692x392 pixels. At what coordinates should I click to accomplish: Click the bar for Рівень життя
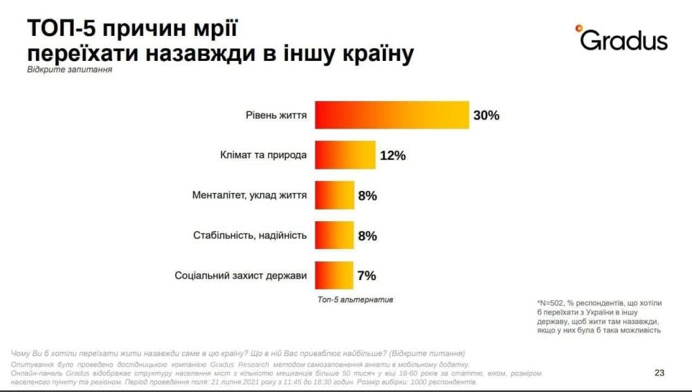click(392, 114)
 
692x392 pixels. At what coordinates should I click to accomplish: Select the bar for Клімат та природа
click(345, 155)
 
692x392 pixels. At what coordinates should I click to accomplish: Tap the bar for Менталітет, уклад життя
click(334, 196)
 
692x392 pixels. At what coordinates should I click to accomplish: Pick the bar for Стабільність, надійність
click(334, 236)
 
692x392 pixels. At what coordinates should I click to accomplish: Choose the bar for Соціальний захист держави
click(334, 276)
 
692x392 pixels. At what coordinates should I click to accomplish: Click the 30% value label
click(486, 115)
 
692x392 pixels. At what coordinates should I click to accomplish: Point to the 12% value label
click(392, 156)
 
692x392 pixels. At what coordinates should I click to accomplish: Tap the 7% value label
click(366, 277)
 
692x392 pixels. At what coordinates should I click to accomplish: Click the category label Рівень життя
click(276, 115)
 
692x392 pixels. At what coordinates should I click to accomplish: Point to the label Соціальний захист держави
click(241, 277)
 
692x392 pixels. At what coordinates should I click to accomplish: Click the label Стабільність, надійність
click(250, 236)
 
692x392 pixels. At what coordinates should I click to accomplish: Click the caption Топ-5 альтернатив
click(355, 299)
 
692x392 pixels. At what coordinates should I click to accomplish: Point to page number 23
click(659, 373)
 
